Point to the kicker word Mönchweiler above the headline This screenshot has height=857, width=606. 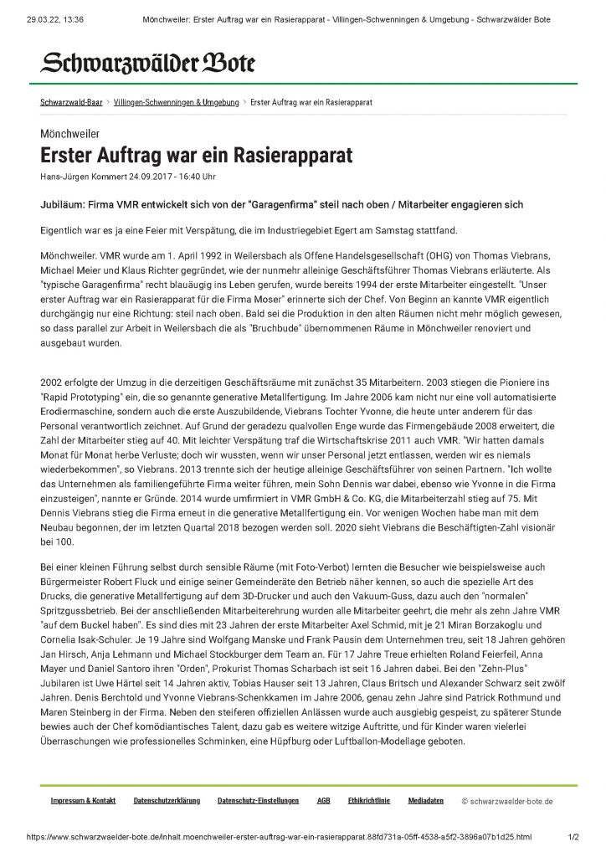[x=70, y=134]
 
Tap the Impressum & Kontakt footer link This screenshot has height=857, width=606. [x=83, y=801]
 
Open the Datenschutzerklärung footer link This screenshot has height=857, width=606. [x=167, y=801]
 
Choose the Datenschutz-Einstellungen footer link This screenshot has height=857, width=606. [x=258, y=801]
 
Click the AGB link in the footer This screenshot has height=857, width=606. [x=323, y=801]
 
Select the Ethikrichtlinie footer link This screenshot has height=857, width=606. [x=369, y=801]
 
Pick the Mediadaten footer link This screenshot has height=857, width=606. [x=426, y=801]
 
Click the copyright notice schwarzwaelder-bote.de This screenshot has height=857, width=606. [x=507, y=802]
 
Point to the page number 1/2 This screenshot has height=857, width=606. [x=573, y=836]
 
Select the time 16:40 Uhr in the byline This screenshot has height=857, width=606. [x=198, y=176]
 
